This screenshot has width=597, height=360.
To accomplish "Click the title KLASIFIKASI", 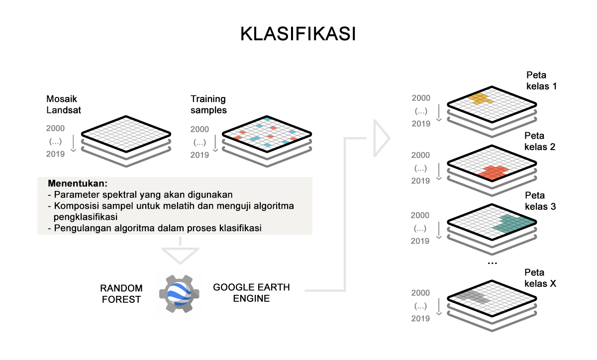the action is [x=298, y=34].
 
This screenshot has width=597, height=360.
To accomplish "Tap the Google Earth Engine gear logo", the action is [x=179, y=294].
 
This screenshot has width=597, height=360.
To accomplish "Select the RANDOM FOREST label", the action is [x=121, y=294].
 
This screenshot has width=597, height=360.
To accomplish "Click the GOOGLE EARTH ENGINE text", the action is [x=251, y=292].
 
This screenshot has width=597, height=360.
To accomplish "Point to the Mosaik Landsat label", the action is [x=64, y=104].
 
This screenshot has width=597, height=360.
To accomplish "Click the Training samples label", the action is [x=208, y=104].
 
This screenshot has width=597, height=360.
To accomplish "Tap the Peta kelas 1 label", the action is [x=542, y=81].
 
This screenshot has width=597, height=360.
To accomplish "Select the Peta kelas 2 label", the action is [x=540, y=141].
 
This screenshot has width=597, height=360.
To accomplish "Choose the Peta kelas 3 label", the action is [x=540, y=201].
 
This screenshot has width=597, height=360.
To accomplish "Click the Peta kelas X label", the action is [x=540, y=278].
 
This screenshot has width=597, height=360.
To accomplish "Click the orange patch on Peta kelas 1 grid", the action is [x=480, y=98].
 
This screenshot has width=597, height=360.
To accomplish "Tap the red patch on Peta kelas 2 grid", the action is [x=493, y=172].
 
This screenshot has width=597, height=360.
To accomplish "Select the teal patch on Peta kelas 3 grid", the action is [x=513, y=224].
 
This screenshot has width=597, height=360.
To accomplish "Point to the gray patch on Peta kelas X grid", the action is [x=472, y=297].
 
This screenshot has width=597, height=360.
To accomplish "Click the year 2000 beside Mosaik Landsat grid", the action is [x=55, y=128].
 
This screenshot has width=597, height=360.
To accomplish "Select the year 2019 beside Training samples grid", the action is [x=199, y=155].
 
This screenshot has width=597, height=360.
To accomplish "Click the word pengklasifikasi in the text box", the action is [x=86, y=217].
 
